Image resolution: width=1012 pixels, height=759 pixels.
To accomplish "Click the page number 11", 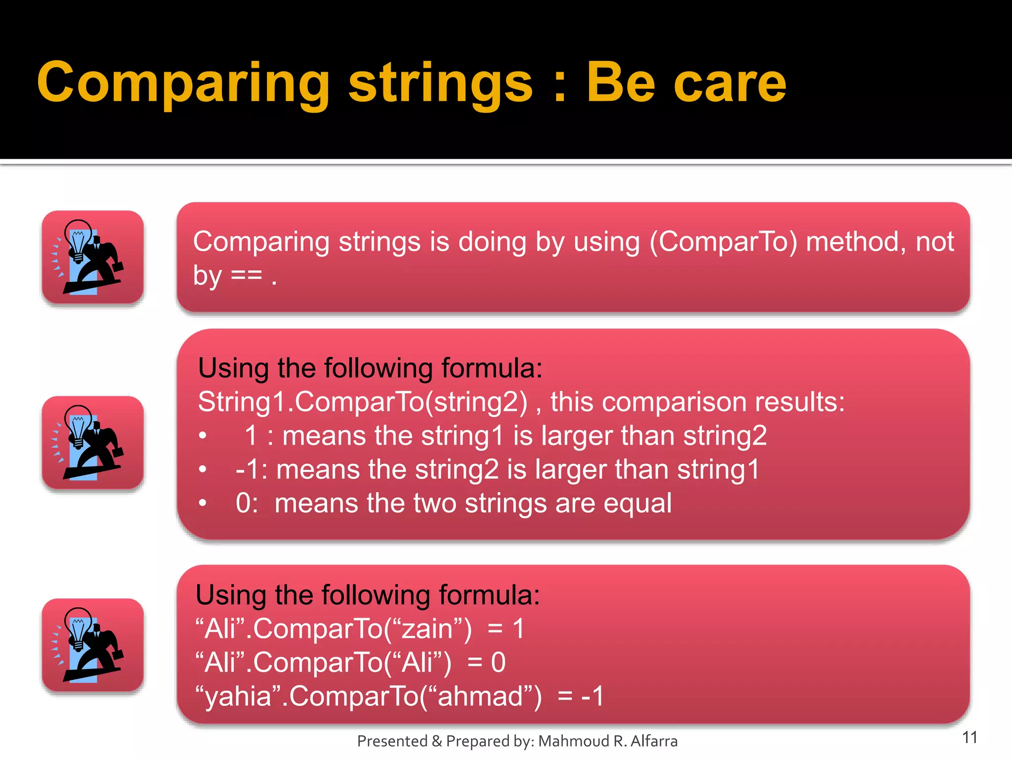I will [970, 737].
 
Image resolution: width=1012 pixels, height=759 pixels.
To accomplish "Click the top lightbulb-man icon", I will [92, 257].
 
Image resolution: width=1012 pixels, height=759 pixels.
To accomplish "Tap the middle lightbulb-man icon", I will [92, 442].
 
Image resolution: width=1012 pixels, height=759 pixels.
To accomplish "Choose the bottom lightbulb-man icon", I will [92, 645].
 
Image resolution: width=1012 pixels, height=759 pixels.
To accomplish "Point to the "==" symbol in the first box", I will [246, 276].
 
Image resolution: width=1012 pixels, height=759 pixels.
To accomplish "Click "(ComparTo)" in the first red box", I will [723, 242].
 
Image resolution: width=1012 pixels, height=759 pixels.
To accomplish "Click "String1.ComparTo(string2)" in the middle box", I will [362, 402].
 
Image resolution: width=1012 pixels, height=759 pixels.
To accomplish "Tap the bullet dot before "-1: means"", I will [203, 469].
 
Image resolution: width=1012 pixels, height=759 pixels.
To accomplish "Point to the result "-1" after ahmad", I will [592, 697].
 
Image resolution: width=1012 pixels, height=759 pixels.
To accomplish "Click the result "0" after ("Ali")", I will [498, 663].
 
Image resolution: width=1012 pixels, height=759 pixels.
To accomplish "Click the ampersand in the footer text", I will [436, 741].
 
